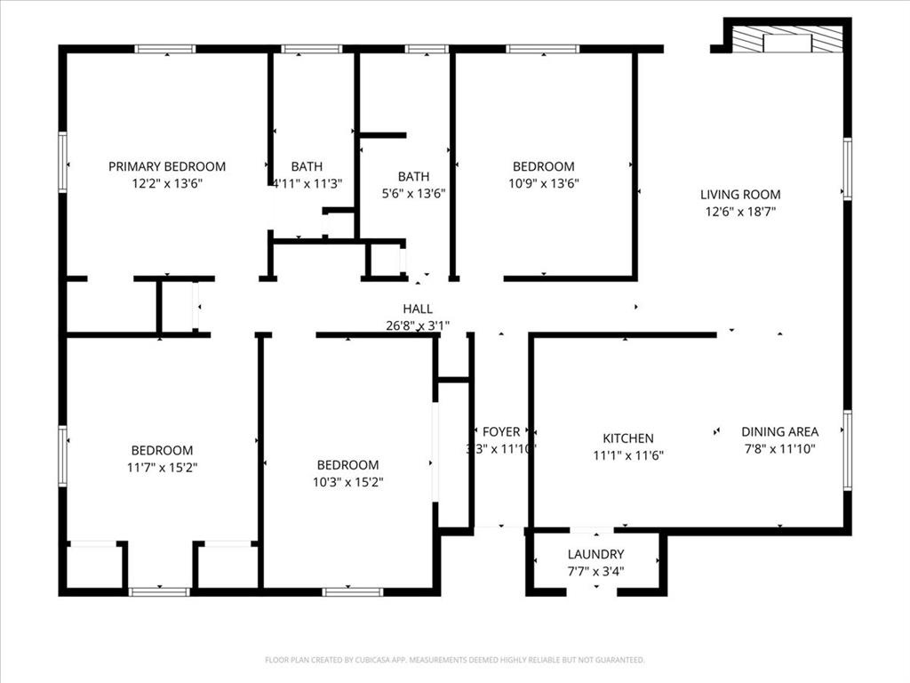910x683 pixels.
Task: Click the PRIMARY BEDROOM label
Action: coord(167,166)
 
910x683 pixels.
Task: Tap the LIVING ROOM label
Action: coord(739,195)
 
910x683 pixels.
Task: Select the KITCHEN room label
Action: coord(628,438)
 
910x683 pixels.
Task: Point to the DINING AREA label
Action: coord(779,432)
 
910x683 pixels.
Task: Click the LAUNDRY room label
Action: coord(595,554)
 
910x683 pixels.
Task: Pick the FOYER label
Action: coord(501,432)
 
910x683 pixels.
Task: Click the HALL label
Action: coord(418,309)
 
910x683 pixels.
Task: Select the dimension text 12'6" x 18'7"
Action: coord(739,212)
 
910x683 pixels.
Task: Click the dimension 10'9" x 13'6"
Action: coord(543,183)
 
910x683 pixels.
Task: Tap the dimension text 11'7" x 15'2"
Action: coord(162,467)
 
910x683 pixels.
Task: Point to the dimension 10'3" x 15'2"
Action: coord(347,482)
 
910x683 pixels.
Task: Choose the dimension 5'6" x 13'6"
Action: coord(413,193)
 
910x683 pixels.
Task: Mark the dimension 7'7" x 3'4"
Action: coord(595,571)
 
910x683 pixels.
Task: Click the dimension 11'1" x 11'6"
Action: coord(628,455)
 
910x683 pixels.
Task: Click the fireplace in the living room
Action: coord(787,40)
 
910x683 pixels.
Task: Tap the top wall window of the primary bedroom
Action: coord(164,49)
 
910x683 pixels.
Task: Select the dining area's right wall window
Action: coord(847,450)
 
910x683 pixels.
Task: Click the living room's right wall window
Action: coord(847,169)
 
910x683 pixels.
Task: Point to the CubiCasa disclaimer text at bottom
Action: coord(454,660)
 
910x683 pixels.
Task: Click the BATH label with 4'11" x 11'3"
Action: coord(307,166)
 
